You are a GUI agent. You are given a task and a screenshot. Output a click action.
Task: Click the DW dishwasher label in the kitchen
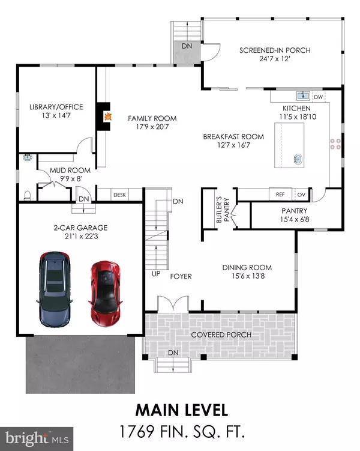[319, 96]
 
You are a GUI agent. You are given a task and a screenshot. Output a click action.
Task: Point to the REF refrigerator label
[280, 195]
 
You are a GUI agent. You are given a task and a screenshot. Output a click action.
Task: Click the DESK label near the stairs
[119, 195]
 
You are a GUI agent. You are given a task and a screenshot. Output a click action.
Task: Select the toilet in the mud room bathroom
[27, 195]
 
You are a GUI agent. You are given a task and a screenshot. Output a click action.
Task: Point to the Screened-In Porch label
[275, 50]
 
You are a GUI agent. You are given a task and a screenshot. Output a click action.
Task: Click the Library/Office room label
[56, 107]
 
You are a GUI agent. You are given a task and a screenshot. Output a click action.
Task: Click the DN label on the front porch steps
[173, 352]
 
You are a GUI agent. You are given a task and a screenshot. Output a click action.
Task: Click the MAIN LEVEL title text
[181, 411]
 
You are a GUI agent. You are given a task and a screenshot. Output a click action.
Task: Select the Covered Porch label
[221, 334]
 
